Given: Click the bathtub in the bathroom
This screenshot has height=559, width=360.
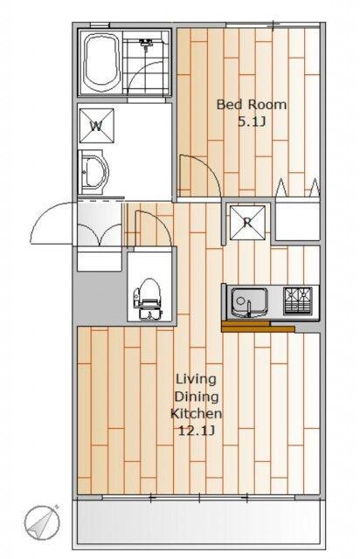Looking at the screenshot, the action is point(101,62).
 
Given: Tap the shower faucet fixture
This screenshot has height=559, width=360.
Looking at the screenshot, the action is point(146,43).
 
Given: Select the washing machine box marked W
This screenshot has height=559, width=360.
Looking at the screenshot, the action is point(97,126).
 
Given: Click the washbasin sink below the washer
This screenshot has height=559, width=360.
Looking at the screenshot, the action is point(93,173).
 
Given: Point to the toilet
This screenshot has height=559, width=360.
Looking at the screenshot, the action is point(148,299).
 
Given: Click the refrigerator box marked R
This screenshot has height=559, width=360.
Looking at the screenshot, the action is point(247,223).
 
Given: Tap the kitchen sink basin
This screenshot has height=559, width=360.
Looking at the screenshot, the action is point(249,302).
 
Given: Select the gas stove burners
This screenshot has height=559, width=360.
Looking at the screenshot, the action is point(298,300).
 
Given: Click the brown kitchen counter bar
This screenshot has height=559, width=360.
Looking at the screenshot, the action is point(258,327).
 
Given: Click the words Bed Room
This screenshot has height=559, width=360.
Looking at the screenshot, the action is point(252,105).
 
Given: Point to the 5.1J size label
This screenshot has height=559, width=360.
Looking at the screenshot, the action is point(252,122).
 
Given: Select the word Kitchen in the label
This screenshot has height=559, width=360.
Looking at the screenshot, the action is point(197,413).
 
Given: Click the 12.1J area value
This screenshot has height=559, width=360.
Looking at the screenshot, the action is point(196,431).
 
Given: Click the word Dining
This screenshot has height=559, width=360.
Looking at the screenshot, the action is point(197,397).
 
